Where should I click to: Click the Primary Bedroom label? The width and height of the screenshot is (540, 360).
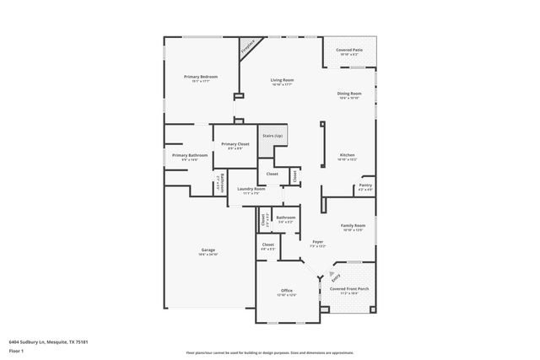201,77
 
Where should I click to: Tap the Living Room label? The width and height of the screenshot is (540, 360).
281,80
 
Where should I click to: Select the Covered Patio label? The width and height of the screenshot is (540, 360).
348,50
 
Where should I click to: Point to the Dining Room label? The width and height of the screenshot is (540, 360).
349,94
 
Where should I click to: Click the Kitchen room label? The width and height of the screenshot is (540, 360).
348,155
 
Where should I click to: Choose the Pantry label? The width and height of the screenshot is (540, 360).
365,185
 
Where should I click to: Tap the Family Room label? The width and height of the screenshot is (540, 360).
353,226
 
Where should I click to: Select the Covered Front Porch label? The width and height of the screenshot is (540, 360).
348,289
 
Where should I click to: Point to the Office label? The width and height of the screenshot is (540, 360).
287,290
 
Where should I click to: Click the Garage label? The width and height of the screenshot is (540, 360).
208,250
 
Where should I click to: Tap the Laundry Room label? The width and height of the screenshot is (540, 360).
251,190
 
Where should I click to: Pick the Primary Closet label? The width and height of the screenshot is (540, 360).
235,144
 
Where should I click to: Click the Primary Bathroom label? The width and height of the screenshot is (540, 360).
190,155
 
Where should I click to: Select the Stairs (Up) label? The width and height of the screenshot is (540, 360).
272,136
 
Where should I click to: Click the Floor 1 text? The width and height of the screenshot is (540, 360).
16,350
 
